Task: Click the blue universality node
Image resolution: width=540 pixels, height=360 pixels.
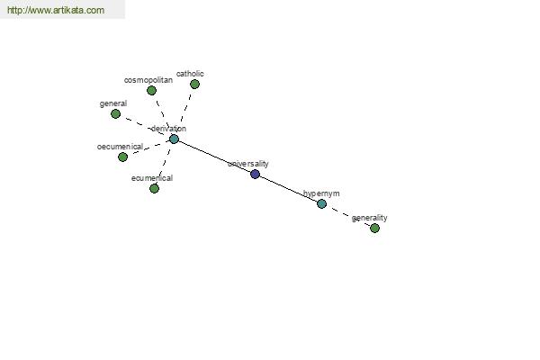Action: click(255, 174)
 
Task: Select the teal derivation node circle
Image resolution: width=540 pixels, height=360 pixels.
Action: click(174, 139)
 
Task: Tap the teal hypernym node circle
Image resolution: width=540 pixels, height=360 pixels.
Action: click(321, 203)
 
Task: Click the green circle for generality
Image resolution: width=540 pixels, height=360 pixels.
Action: click(374, 228)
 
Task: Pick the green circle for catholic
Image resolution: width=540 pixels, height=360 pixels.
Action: click(194, 84)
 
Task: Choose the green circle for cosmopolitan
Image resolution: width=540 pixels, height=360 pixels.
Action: click(151, 91)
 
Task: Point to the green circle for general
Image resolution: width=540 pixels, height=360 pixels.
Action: click(116, 113)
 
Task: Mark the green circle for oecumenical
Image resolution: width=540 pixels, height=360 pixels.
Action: click(122, 157)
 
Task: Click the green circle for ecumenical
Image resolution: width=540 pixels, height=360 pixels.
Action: click(154, 188)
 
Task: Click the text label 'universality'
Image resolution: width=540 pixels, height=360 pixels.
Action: click(248, 164)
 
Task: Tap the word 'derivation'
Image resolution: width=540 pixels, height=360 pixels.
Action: click(169, 129)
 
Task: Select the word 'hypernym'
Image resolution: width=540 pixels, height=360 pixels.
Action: click(321, 193)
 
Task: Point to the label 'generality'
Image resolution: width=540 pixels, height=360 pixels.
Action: click(370, 218)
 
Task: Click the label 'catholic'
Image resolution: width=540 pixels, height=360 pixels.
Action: click(190, 74)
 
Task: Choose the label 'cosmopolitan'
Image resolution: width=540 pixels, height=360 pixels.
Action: click(148, 80)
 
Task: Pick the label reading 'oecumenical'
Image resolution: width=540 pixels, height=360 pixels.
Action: click(120, 147)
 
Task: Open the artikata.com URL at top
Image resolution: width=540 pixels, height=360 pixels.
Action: click(56, 10)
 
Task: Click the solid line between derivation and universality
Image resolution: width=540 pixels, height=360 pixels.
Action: click(214, 157)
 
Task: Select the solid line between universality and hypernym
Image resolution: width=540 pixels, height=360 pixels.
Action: click(288, 189)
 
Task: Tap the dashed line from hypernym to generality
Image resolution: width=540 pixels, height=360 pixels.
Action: click(348, 216)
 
